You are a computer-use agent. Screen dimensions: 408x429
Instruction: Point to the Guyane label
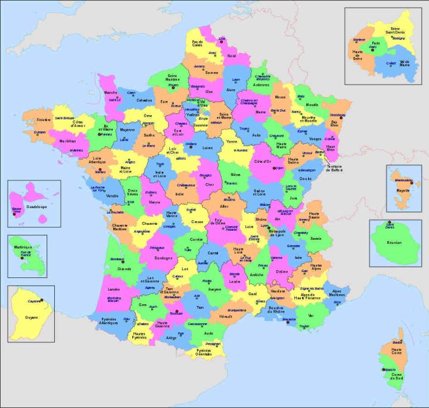click(31, 317)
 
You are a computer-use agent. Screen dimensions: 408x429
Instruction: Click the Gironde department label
click(124, 268)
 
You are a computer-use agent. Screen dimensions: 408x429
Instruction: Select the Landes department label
click(114, 289)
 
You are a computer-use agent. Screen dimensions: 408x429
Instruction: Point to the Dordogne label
click(163, 258)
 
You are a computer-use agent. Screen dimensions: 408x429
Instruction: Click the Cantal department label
click(213, 253)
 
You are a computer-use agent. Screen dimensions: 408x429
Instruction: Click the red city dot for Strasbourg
click(341, 118)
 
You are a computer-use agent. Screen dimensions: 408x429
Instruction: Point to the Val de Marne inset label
click(405, 63)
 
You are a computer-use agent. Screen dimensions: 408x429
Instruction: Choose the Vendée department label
click(113, 196)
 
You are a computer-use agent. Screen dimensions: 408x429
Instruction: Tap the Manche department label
click(111, 93)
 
